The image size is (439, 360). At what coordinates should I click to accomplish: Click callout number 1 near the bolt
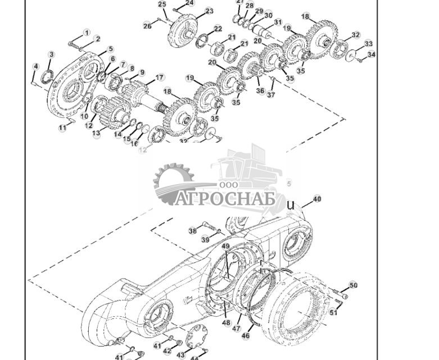click(x=87, y=33)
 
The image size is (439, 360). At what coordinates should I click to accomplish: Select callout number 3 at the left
click(x=51, y=55)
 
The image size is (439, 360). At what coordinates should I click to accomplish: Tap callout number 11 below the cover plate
click(x=62, y=128)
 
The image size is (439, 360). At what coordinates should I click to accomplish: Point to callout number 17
click(x=160, y=78)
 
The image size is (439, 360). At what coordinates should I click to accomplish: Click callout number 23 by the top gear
click(x=209, y=11)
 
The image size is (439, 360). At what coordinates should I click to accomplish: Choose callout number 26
click(x=147, y=26)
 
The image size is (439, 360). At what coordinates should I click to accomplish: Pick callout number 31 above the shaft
click(x=278, y=22)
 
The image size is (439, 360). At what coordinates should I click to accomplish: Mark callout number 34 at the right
click(x=371, y=55)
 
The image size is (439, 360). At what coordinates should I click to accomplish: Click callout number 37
click(x=271, y=95)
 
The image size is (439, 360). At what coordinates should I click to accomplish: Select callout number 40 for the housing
click(x=317, y=199)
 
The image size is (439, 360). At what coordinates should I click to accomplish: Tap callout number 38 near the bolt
click(x=192, y=231)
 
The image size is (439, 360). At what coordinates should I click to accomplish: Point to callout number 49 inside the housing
click(x=225, y=247)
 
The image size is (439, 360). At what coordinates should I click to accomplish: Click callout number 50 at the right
click(x=353, y=285)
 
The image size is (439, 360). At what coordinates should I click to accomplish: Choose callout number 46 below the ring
click(x=246, y=336)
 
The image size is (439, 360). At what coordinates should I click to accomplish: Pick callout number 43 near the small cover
click(x=181, y=355)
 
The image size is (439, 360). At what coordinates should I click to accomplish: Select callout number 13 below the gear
click(x=96, y=134)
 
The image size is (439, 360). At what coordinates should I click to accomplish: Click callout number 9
click(x=142, y=73)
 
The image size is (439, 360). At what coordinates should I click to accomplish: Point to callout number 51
click(x=333, y=312)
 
